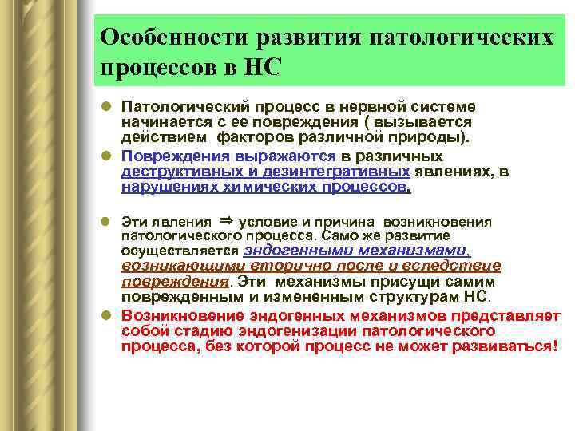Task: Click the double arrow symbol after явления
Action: tap(225, 221)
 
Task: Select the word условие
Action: tap(267, 223)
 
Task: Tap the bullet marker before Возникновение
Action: tap(107, 316)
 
